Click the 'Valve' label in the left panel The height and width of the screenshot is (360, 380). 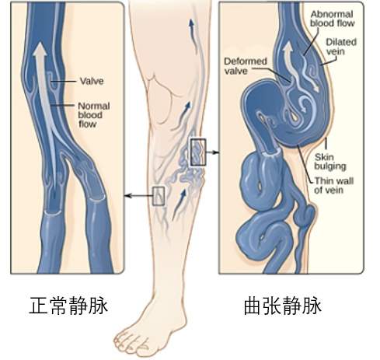click(x=92, y=81)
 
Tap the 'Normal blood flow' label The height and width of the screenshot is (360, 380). click(x=94, y=115)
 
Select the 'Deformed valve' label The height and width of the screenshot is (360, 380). click(x=246, y=66)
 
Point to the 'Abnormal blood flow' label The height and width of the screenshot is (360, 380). click(x=332, y=19)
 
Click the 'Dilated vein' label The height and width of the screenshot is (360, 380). click(x=341, y=47)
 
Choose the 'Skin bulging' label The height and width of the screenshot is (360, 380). click(x=330, y=162)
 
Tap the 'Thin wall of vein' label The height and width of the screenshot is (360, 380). click(x=333, y=185)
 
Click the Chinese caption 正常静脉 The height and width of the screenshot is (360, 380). click(x=68, y=306)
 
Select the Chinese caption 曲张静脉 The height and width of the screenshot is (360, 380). click(x=283, y=306)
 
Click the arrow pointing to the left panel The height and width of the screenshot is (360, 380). click(x=138, y=196)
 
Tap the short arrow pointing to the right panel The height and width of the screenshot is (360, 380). click(x=212, y=152)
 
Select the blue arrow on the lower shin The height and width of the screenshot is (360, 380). click(x=179, y=205)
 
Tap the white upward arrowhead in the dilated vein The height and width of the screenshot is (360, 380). click(x=288, y=49)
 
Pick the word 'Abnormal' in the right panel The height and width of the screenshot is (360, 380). click(x=332, y=14)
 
